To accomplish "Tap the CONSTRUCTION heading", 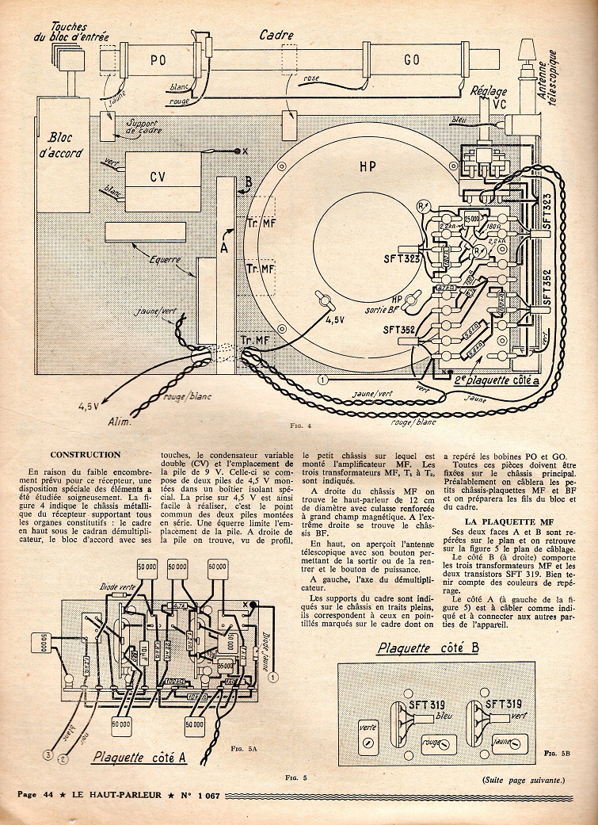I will click(85, 455).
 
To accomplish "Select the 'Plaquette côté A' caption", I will click(139, 758).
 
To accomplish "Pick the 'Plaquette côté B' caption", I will click(429, 648).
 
